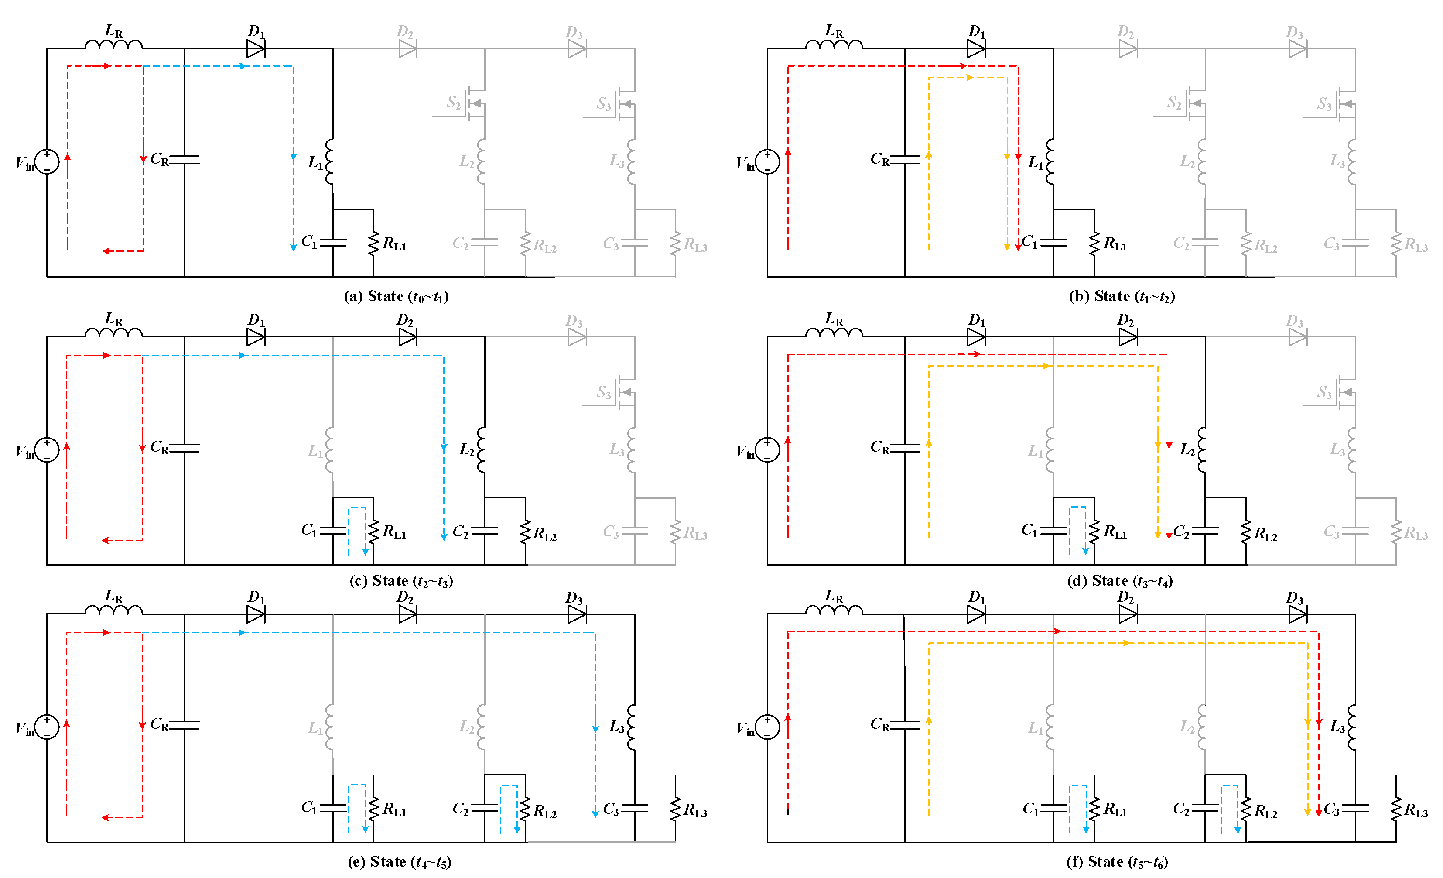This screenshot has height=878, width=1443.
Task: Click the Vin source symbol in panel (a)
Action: coord(47,161)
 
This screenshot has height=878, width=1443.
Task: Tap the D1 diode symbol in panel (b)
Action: coord(976,48)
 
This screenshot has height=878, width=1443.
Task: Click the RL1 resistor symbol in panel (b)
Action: coord(1094,244)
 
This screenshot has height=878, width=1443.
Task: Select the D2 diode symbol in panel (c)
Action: coord(407,337)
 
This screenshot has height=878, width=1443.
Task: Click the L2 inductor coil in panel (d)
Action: coord(1202,450)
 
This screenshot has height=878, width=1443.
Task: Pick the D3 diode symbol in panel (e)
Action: coord(577,614)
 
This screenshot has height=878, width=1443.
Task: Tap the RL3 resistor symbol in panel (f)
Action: coord(1396,809)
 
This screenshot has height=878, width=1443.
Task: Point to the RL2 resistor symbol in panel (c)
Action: coord(525,532)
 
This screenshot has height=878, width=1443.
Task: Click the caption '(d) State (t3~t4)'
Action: coord(1119,581)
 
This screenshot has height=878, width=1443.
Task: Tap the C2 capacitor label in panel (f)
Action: coord(1181,809)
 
